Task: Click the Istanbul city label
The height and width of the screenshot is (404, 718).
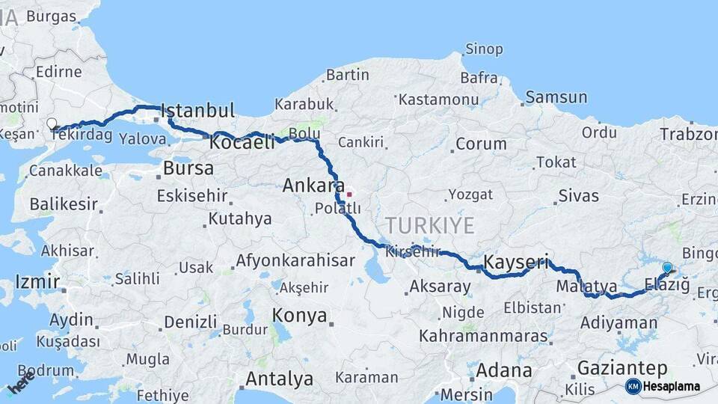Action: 197,111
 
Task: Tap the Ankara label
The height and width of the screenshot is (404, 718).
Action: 313,186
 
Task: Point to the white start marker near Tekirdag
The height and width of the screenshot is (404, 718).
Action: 52,124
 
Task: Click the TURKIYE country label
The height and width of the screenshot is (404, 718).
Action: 430,225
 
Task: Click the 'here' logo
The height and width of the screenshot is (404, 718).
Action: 21,382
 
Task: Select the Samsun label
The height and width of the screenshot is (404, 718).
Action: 556,97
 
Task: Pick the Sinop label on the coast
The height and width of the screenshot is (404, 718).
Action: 484,49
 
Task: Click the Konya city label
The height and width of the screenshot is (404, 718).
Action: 299,315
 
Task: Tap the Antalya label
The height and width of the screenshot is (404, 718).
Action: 279,379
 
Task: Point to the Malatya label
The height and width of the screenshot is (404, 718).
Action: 586,287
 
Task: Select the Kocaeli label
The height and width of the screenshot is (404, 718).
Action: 242,142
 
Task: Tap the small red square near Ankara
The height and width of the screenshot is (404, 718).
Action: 349,195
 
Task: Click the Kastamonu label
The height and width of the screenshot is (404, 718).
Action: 438,100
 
